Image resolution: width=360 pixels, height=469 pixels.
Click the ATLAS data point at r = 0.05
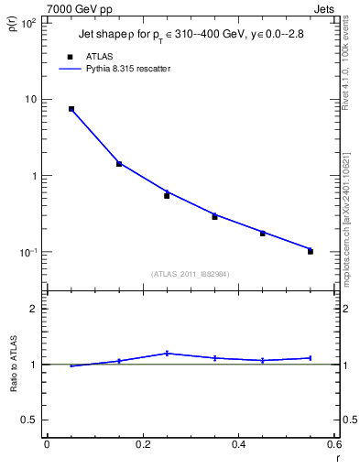click(x=71, y=109)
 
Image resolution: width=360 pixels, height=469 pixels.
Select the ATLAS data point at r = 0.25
click(x=167, y=195)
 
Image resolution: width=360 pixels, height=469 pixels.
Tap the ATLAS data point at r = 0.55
click(x=311, y=251)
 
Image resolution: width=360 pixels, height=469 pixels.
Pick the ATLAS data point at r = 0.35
click(x=214, y=217)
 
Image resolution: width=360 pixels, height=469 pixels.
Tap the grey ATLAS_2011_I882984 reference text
click(x=190, y=274)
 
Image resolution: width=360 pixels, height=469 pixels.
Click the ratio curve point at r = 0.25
click(x=167, y=353)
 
